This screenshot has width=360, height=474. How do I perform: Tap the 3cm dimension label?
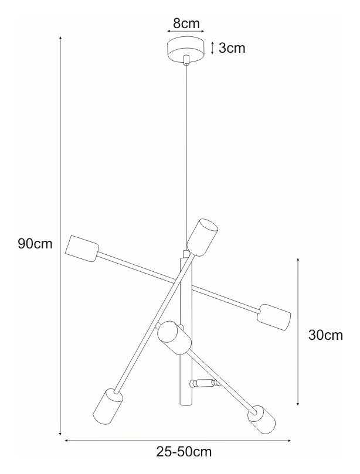232,48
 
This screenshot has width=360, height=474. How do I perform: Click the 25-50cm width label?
184,452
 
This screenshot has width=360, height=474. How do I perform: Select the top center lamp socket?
203,236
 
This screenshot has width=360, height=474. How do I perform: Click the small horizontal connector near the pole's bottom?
202,384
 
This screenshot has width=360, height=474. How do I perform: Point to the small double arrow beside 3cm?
212,48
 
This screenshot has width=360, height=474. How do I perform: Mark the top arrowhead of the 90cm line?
60,39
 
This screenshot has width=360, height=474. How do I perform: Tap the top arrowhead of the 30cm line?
298,259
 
